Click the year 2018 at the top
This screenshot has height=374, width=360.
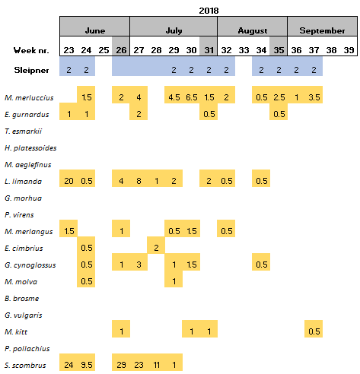(x=209, y=11)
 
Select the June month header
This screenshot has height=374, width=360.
(x=95, y=30)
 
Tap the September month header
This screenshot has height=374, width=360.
(x=322, y=30)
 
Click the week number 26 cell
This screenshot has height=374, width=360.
(x=121, y=50)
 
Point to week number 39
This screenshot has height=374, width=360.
(x=349, y=50)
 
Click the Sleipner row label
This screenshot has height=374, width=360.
(x=31, y=70)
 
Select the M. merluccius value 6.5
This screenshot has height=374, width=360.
(x=191, y=97)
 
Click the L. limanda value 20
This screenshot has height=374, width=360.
(x=68, y=181)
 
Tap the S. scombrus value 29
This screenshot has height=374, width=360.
(x=121, y=365)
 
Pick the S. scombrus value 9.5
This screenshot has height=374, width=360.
(x=87, y=365)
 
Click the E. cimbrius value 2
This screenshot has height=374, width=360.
(x=156, y=248)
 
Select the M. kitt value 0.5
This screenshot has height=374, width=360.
(x=314, y=331)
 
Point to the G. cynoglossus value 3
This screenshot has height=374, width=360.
(x=139, y=265)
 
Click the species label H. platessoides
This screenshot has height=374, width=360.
(x=30, y=148)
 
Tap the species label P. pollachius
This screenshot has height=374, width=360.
(x=27, y=349)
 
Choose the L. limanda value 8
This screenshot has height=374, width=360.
(x=139, y=181)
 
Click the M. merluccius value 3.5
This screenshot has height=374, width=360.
(x=314, y=97)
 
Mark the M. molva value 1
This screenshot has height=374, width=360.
(x=174, y=281)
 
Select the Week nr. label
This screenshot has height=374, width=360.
(x=31, y=50)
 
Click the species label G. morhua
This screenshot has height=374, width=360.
(x=23, y=198)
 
